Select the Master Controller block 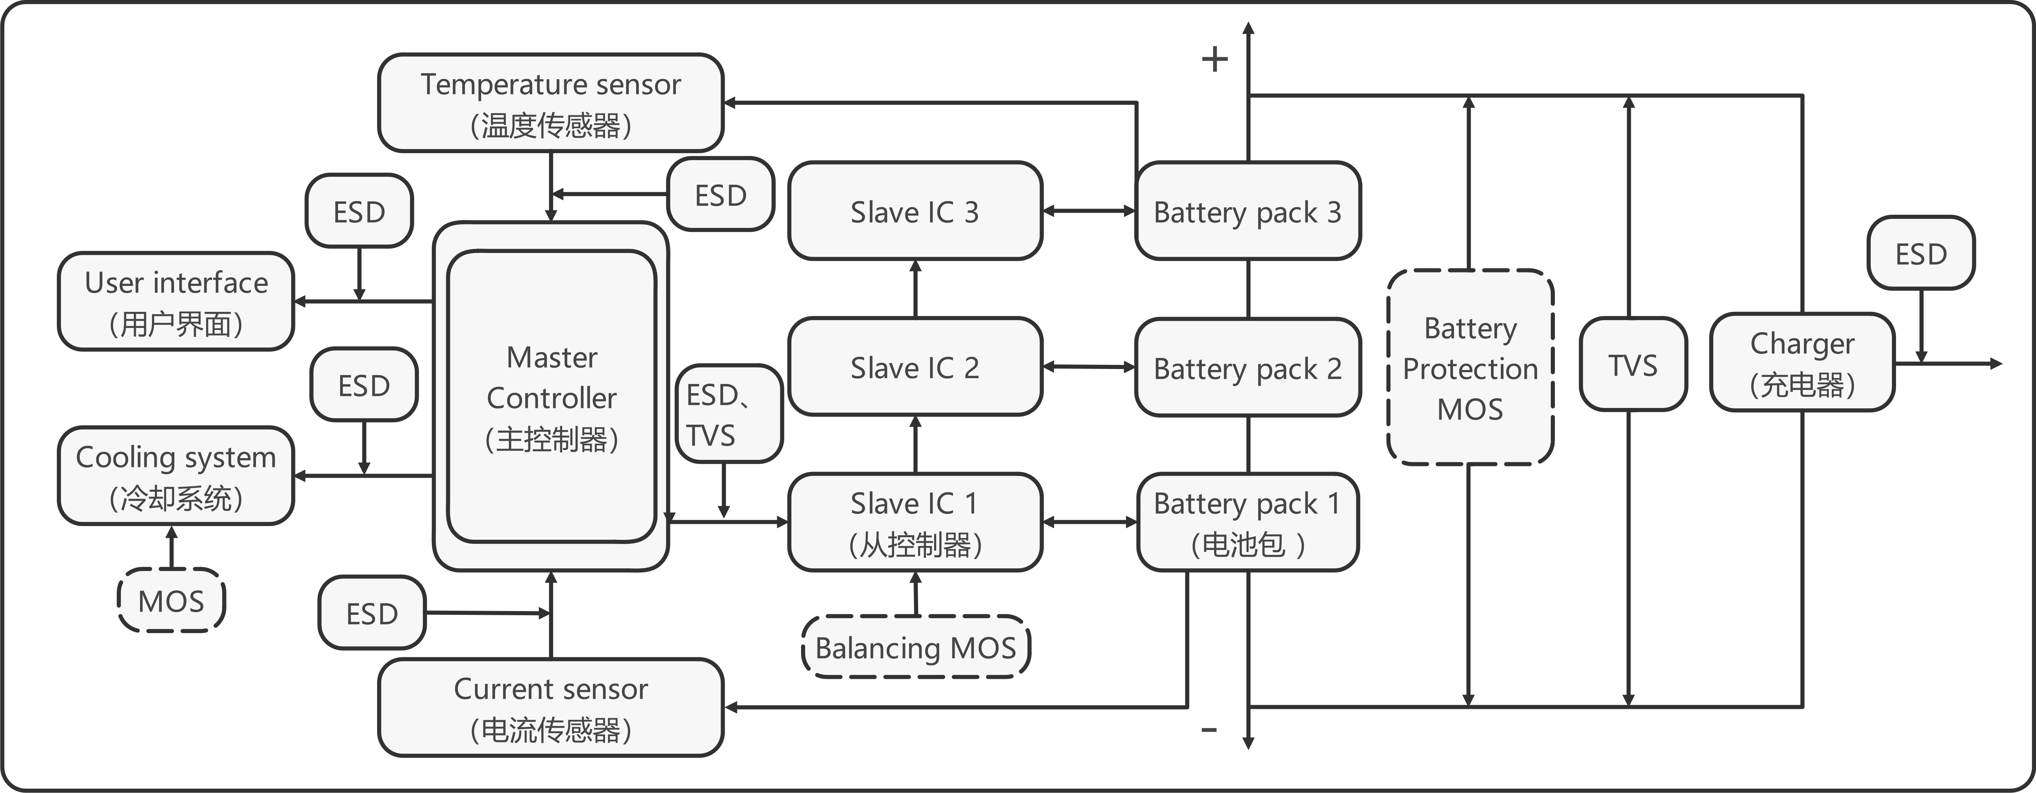coord(551,397)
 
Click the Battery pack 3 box coord(1247,211)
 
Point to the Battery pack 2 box coord(1247,367)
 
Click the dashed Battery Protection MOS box coord(1470,367)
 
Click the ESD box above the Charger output coord(1921,253)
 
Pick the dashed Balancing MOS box coord(915,647)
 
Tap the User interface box coord(176,301)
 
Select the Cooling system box coord(176,475)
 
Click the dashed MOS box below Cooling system coord(171,600)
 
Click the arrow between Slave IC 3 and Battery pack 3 coord(1088,211)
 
